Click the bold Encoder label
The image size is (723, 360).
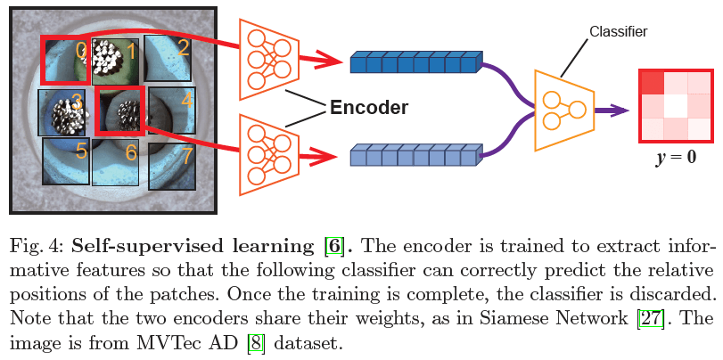tap(368, 108)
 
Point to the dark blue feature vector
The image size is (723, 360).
tap(415, 62)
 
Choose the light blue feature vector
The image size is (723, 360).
tap(415, 157)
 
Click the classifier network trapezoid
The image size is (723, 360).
tap(563, 110)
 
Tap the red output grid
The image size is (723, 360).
tap(675, 106)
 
